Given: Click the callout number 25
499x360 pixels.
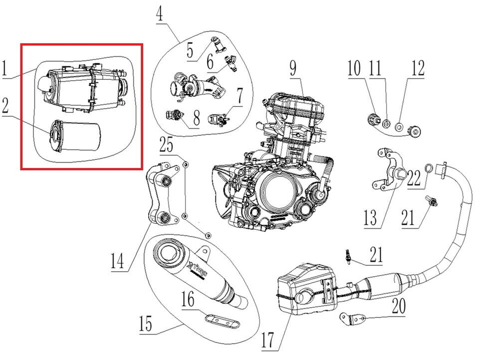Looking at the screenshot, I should (x=167, y=146).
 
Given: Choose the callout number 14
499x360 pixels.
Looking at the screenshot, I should (x=117, y=262).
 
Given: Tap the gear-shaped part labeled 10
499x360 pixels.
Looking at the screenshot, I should (x=372, y=119).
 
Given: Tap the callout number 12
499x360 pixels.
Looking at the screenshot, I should (x=417, y=69).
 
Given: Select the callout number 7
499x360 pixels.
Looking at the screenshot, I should (x=240, y=97).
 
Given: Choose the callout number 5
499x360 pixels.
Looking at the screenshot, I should (x=190, y=50).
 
